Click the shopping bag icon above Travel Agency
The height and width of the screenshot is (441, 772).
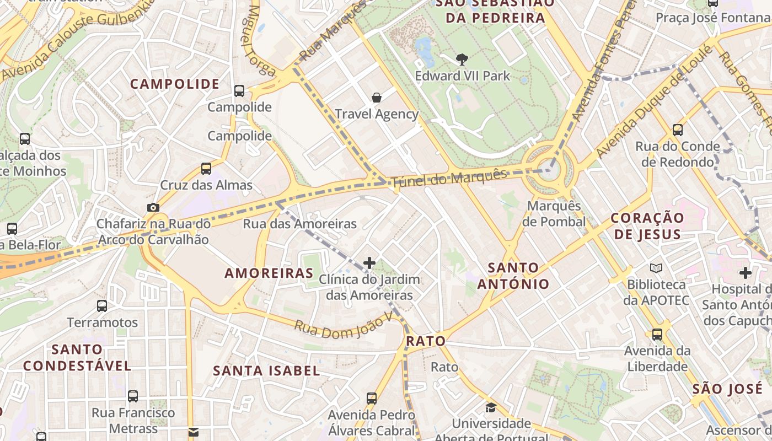point(377,98)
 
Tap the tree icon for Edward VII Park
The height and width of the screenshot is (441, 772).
point(462,58)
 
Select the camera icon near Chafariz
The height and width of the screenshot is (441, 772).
point(153,208)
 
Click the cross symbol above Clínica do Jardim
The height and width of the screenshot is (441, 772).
point(369,263)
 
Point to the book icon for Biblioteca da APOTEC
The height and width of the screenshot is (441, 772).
point(656,268)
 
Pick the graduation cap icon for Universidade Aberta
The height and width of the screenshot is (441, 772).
point(490,408)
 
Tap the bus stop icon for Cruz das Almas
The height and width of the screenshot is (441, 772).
point(206,168)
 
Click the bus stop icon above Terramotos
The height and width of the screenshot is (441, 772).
point(102,306)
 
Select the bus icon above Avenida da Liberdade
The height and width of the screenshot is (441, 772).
point(657,335)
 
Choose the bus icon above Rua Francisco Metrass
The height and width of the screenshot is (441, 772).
point(133,396)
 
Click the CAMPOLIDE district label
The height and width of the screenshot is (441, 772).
point(175,84)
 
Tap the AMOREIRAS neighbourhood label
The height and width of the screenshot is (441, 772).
point(269,273)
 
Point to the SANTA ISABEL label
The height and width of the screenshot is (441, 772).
point(266,370)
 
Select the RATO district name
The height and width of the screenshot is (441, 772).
point(426,341)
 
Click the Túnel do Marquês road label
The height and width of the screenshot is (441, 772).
point(449,178)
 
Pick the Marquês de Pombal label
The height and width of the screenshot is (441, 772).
point(554,214)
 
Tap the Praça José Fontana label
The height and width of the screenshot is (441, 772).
point(712,18)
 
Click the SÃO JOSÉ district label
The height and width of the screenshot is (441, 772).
point(720,389)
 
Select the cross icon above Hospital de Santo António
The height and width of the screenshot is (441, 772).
point(746,272)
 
